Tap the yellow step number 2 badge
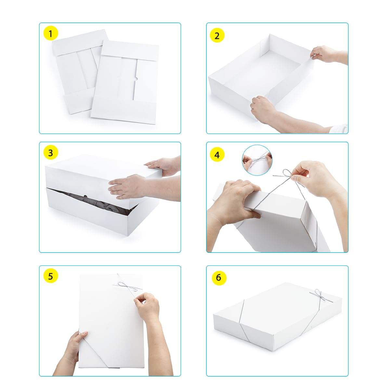217,35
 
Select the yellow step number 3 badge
51,153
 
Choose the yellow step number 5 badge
51,276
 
